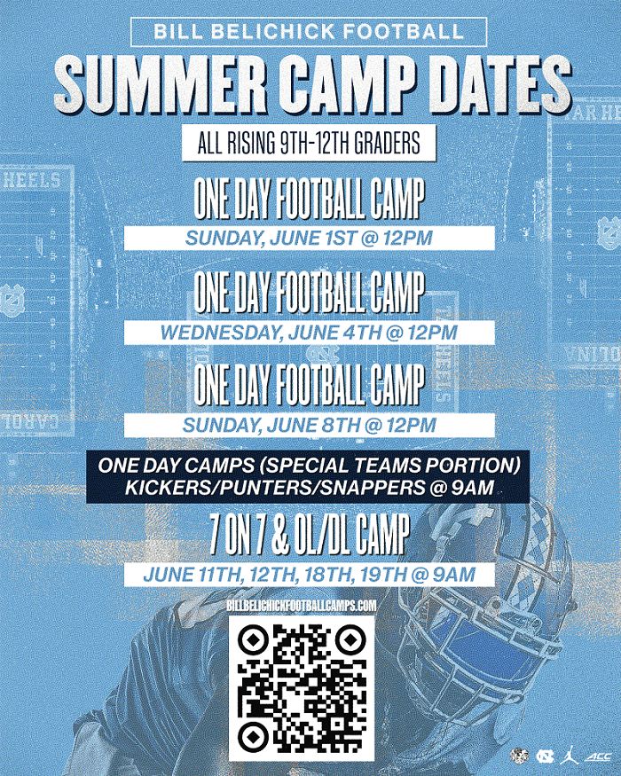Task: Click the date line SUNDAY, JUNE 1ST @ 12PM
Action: click(x=309, y=239)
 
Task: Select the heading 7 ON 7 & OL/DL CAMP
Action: click(x=309, y=536)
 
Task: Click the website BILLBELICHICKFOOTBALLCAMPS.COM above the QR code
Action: click(x=303, y=604)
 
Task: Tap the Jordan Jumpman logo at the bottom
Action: click(x=565, y=756)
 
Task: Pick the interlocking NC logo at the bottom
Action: click(x=543, y=756)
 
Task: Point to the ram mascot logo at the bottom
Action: click(x=520, y=756)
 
